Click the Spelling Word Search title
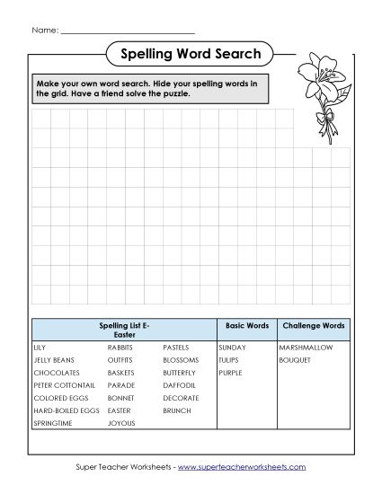[190, 54]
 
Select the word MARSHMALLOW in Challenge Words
[306, 347]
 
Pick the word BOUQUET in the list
[295, 359]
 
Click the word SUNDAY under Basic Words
[232, 347]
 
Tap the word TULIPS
[229, 359]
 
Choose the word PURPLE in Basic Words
[230, 372]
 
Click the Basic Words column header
[246, 325]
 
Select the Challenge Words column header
[313, 325]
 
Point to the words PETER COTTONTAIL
[64, 384]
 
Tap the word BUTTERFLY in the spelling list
[180, 372]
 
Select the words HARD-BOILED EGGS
[67, 410]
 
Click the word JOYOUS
[121, 422]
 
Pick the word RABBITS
[121, 347]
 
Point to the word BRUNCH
[177, 410]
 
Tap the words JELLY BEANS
[54, 359]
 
